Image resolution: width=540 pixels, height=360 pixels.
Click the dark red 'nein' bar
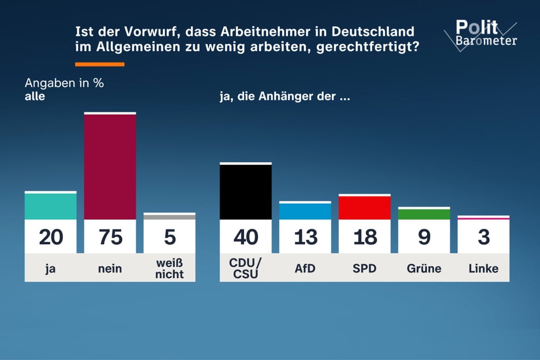coord(110,166)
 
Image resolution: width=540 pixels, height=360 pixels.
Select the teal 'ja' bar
coord(51,206)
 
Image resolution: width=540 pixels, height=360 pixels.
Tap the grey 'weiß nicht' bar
coord(169,216)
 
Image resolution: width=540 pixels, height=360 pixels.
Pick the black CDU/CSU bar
coord(245,192)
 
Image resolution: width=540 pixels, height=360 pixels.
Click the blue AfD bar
coord(305,211)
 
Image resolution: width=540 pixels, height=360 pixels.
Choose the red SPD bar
coord(364,208)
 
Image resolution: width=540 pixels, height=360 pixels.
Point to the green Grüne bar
coord(424,214)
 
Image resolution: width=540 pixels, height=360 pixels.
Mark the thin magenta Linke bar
coord(483,218)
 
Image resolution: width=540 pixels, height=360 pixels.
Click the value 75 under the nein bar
coord(110,237)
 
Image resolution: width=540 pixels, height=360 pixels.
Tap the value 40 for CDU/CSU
coord(245,237)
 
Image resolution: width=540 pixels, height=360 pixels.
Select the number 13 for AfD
coord(305,237)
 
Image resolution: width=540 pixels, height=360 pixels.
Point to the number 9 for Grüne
coord(424,237)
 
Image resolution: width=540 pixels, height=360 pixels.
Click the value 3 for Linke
coord(483,237)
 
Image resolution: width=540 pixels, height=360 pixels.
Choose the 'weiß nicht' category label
coord(169,268)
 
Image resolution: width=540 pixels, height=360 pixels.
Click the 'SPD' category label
coord(364,268)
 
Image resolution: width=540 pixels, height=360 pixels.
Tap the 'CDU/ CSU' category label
coord(245,268)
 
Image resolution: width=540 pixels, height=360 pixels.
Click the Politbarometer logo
coord(486,33)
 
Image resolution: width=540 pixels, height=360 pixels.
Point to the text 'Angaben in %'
coord(64,83)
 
